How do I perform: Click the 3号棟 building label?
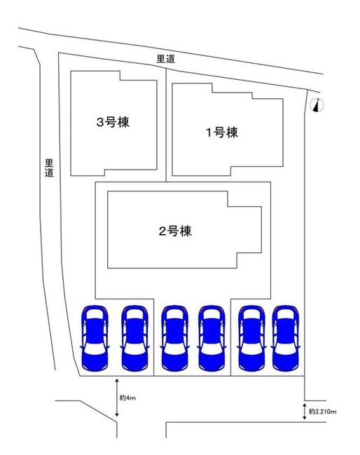pyautogui.click(x=113, y=122)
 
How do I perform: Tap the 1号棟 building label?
pyautogui.click(x=222, y=133)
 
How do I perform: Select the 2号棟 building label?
pyautogui.click(x=175, y=231)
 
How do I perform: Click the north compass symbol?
pyautogui.click(x=317, y=105)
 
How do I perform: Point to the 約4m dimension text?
pyautogui.click(x=127, y=398)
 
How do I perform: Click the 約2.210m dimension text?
pyautogui.click(x=323, y=412)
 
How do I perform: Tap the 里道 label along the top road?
pyautogui.click(x=166, y=59)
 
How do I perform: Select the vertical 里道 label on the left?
pyautogui.click(x=49, y=168)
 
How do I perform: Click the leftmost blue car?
pyautogui.click(x=95, y=338)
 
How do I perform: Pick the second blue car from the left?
pyautogui.click(x=134, y=338)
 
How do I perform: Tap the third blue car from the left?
pyautogui.click(x=175, y=338)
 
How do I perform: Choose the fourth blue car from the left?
pyautogui.click(x=212, y=338)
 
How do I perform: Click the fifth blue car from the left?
pyautogui.click(x=251, y=338)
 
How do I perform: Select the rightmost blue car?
pyautogui.click(x=286, y=338)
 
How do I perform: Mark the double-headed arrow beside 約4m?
pyautogui.click(x=117, y=398)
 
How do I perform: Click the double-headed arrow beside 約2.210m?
pyautogui.click(x=305, y=412)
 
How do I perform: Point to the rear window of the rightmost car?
pyautogui.click(x=286, y=314)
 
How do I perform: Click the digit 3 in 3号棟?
pyautogui.click(x=100, y=123)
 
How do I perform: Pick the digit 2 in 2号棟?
pyautogui.click(x=162, y=231)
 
